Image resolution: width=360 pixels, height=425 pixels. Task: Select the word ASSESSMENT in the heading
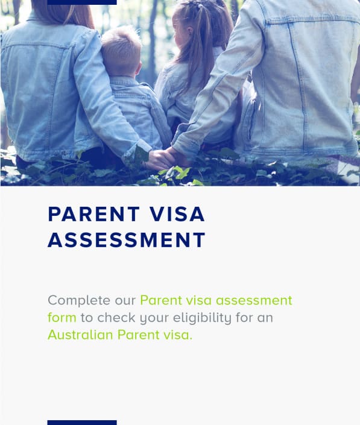(127, 240)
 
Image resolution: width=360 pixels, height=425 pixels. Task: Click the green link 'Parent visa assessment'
(216, 300)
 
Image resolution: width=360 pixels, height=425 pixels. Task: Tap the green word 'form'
(62, 318)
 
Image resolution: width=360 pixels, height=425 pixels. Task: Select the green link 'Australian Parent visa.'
(120, 335)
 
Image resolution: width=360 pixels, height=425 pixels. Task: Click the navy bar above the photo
(81, 2)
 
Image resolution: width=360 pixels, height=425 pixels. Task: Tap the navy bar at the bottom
(81, 423)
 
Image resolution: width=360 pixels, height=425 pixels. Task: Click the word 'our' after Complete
(126, 300)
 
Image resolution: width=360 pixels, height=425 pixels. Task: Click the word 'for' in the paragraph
(245, 318)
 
